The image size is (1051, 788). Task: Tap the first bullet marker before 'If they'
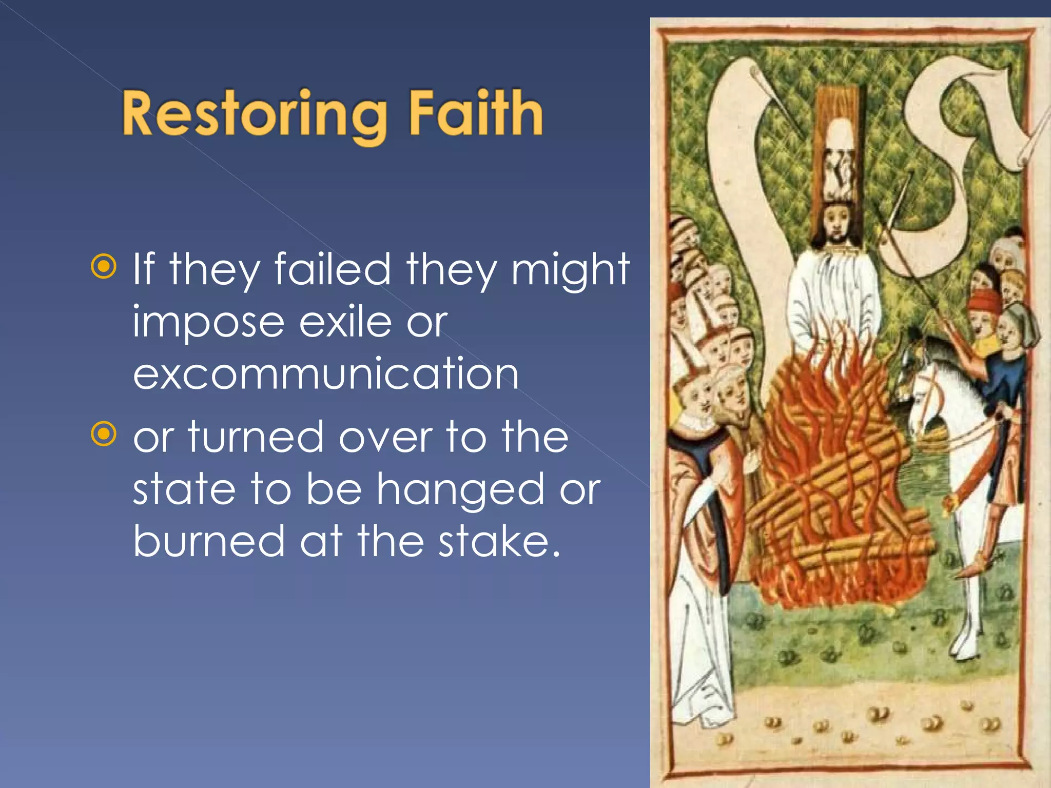(104, 266)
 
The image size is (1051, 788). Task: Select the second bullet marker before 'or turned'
(104, 434)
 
